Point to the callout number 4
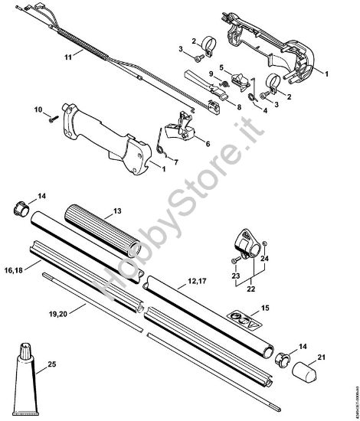coord(264,109)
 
